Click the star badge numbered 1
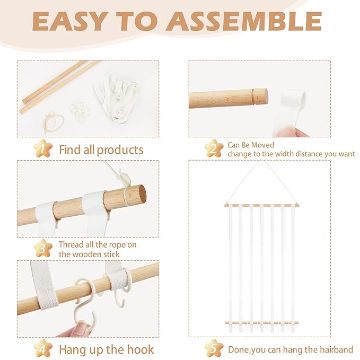click(43, 148)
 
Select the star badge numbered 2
click(214, 148)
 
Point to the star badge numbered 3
click(43, 248)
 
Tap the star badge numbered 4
click(43, 348)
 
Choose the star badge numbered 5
click(214, 348)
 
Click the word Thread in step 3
click(71, 244)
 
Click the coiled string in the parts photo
click(54, 122)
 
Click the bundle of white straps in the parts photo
click(117, 99)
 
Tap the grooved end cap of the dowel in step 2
click(260, 96)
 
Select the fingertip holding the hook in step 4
click(81, 328)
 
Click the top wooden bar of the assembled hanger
click(262, 206)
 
